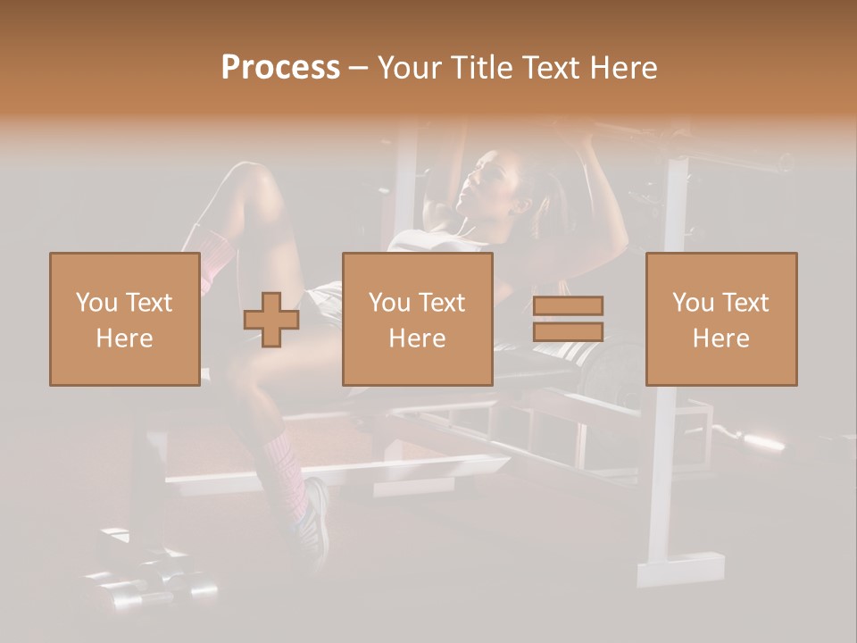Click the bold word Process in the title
click(280, 68)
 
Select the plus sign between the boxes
click(271, 320)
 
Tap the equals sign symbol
click(568, 319)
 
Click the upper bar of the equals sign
click(568, 305)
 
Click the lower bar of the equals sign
click(568, 331)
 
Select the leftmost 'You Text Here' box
click(124, 319)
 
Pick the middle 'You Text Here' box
click(417, 319)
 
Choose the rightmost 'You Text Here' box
click(720, 319)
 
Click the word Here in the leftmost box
click(124, 338)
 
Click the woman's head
click(489, 183)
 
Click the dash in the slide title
click(359, 68)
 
